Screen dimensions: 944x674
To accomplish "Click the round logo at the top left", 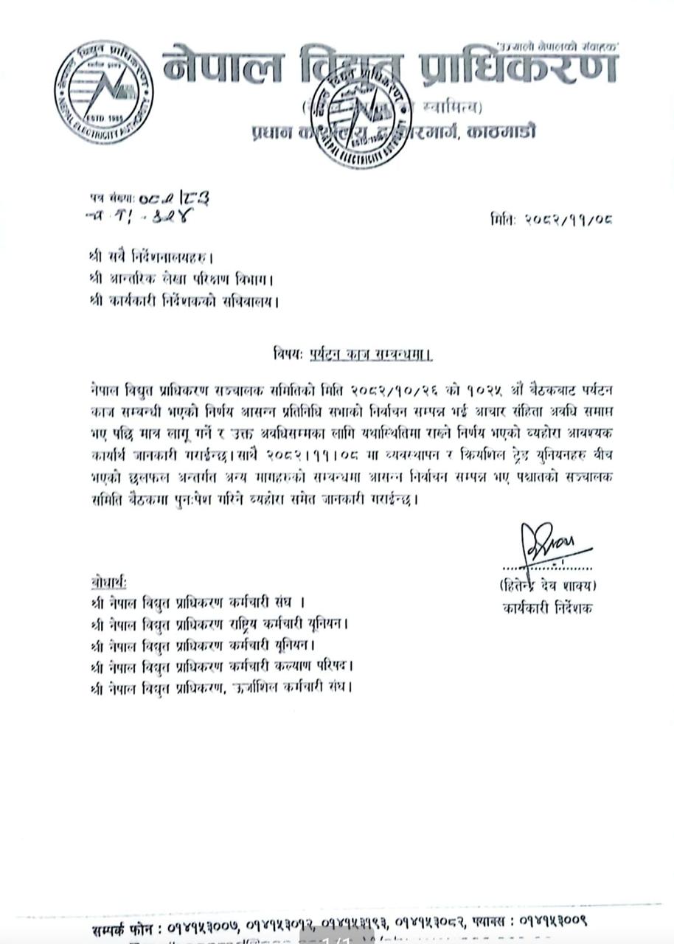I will pos(103,92).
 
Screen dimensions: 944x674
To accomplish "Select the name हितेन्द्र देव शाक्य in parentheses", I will pos(548,586).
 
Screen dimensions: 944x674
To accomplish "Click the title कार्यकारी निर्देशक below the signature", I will pos(548,608).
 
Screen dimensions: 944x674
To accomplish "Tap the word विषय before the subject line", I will pos(286,354).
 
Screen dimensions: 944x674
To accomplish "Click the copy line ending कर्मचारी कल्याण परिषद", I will pos(221,666).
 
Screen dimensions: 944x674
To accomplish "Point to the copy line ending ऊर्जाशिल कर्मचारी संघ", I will pos(221,687).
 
